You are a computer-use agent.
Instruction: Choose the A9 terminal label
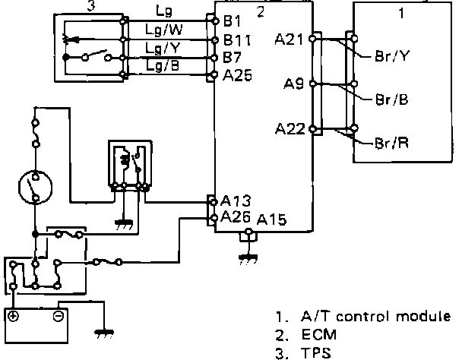click(x=294, y=84)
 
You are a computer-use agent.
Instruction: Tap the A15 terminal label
click(x=271, y=221)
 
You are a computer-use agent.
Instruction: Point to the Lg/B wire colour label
click(x=163, y=66)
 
